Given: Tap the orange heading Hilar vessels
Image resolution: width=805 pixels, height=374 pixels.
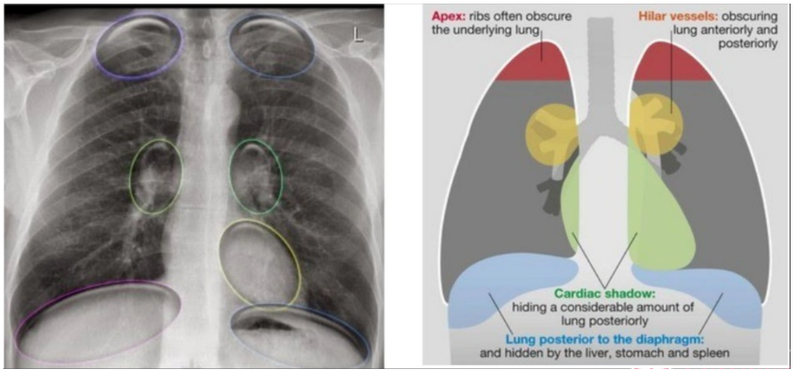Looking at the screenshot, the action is point(670,15).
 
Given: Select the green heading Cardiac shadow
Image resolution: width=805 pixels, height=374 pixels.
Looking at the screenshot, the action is point(605,294).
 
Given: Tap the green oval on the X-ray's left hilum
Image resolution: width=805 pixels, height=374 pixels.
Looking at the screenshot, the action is point(156,177).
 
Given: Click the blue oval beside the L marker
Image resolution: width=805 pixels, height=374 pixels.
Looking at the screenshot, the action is point(272,45).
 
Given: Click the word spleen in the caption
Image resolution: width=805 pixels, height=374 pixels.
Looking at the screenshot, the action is point(709,353).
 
